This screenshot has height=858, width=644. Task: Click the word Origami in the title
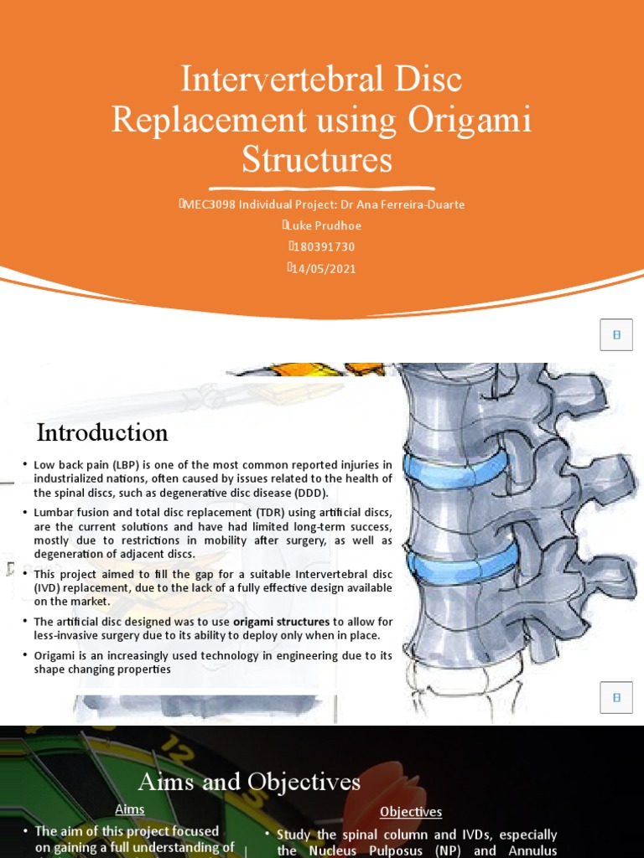click(470, 119)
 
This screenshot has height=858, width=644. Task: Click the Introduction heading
click(102, 433)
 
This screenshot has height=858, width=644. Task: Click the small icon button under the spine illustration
click(616, 696)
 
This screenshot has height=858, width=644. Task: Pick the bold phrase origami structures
click(281, 622)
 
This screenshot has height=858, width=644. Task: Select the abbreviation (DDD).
click(308, 492)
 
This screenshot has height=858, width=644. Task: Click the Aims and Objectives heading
click(249, 783)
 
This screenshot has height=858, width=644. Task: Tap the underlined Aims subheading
click(130, 809)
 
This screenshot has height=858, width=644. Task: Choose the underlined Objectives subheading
click(411, 812)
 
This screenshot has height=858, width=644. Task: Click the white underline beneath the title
click(322, 187)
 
